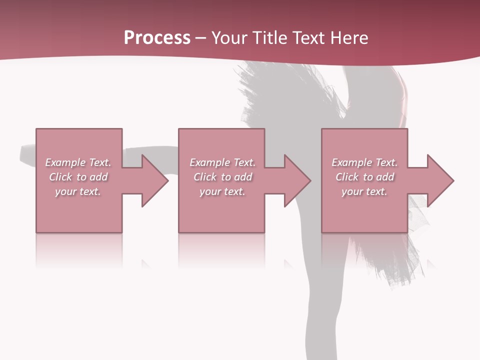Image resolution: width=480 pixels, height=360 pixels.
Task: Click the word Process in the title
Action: [157, 38]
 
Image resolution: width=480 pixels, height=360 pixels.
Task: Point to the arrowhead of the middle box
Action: [296, 180]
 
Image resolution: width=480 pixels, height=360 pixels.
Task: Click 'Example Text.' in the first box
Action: [78, 162]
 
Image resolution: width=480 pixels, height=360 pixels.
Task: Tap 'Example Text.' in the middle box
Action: [222, 162]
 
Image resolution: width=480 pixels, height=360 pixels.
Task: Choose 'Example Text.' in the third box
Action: [364, 162]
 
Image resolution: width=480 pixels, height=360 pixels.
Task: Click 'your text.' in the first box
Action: [78, 191]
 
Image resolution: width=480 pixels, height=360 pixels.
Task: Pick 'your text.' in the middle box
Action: [222, 191]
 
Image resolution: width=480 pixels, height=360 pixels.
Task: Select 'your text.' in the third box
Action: [364, 191]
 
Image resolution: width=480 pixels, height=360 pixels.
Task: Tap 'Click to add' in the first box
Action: [78, 177]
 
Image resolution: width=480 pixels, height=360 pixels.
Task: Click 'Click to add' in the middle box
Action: [222, 177]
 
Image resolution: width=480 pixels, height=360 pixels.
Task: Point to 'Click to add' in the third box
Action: [364, 177]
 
